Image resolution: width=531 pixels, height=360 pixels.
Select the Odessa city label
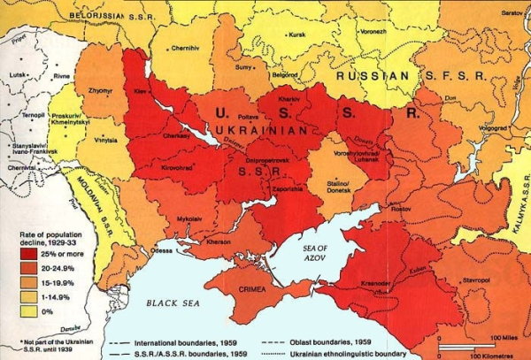[162, 250]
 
